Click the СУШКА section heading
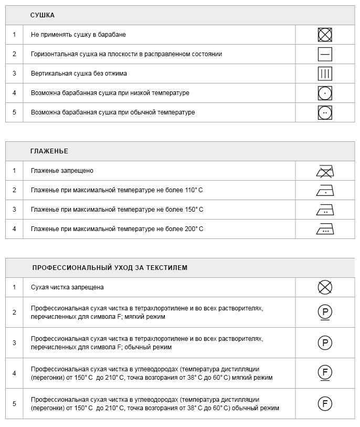click(43, 15)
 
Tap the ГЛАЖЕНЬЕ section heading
click(49, 151)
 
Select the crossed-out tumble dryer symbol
click(325, 35)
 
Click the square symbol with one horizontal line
click(325, 54)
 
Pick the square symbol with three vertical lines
click(325, 74)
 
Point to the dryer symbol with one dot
click(325, 93)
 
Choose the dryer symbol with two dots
click(325, 112)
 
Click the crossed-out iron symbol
click(325, 171)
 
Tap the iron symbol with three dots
click(325, 229)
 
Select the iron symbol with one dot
click(325, 190)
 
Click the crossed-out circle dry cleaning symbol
click(325, 287)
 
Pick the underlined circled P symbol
click(325, 313)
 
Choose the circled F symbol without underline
click(325, 404)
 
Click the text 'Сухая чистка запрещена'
click(67, 287)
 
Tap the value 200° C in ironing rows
click(193, 229)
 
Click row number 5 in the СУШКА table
click(14, 112)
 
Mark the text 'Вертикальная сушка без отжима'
click(79, 74)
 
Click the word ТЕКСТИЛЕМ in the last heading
click(168, 268)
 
